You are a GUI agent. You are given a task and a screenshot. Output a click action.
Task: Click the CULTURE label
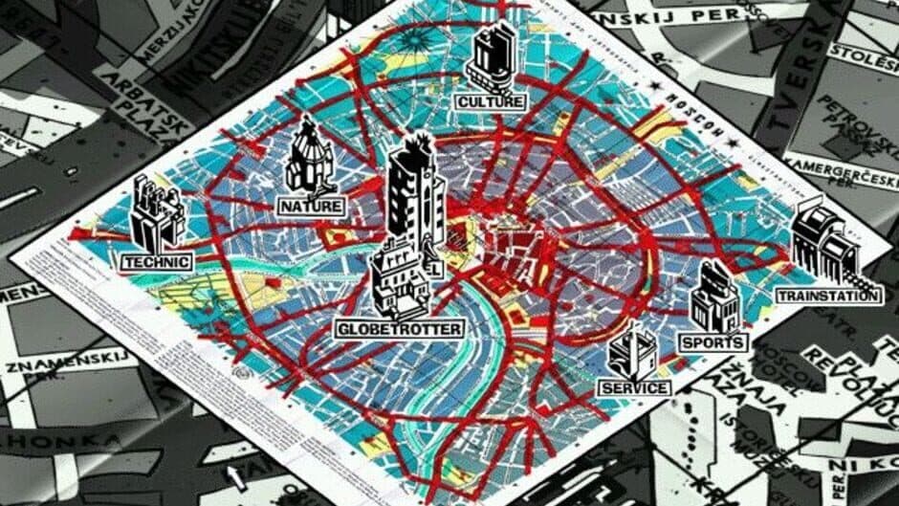(x=491, y=101)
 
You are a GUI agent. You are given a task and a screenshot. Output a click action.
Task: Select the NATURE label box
(x=310, y=206)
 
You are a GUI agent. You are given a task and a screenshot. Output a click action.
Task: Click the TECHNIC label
(x=157, y=261)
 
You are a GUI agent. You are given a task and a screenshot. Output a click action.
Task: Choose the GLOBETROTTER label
(x=400, y=329)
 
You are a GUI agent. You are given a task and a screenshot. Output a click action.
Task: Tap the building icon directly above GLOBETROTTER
(x=398, y=280)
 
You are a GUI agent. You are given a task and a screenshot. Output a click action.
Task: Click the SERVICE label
(x=634, y=388)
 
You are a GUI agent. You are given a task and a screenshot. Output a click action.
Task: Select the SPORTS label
(x=712, y=342)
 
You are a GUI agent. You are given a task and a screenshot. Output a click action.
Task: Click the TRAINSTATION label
(x=828, y=296)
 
